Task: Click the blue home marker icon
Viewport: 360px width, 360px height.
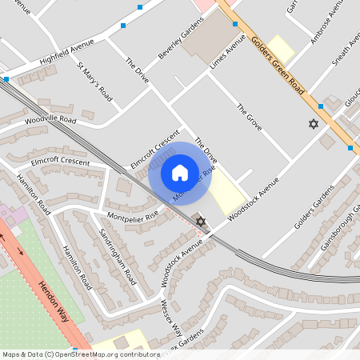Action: tap(180, 173)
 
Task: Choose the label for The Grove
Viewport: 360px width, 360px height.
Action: tap(250, 117)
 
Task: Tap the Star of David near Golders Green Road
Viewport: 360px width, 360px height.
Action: tap(313, 124)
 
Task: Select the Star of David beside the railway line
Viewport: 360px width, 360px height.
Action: tap(201, 221)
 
